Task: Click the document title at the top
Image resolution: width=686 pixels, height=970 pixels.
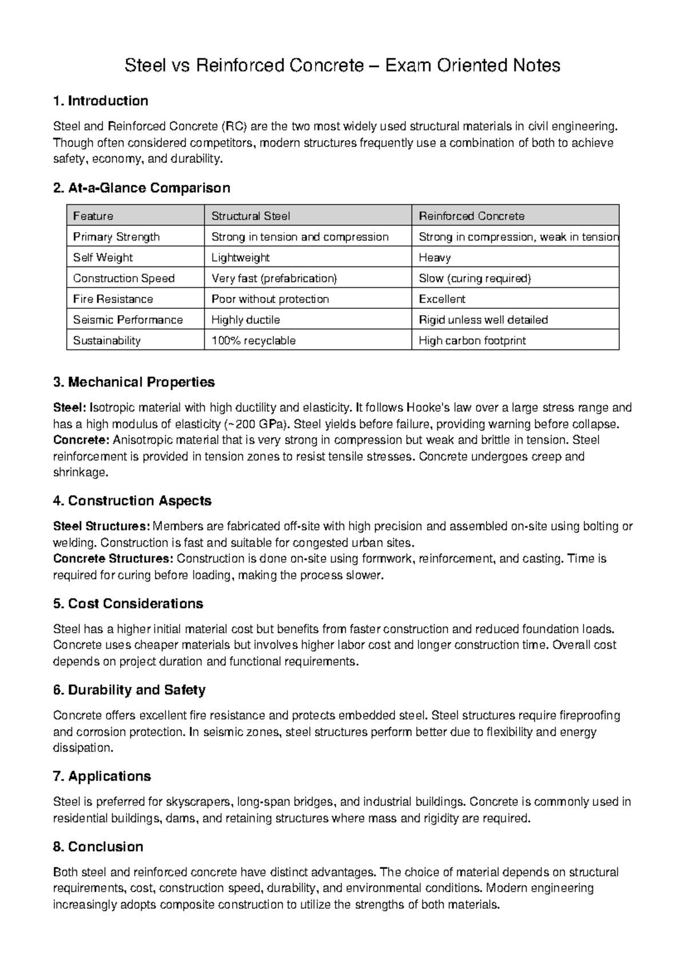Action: click(x=342, y=66)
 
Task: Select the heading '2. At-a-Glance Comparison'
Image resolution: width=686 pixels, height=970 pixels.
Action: click(x=141, y=188)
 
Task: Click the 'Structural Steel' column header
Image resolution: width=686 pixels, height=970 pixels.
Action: click(x=250, y=216)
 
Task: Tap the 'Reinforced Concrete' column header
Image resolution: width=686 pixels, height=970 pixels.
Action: click(x=471, y=216)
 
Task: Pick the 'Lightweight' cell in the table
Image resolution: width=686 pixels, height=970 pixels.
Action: click(x=240, y=258)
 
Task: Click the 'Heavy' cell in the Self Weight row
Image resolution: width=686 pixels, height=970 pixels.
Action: click(x=434, y=258)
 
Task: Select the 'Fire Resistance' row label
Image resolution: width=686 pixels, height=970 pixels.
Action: click(x=113, y=299)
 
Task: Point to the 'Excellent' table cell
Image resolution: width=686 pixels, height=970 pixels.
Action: click(x=442, y=299)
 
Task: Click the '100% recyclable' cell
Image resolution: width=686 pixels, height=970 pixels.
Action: click(x=253, y=341)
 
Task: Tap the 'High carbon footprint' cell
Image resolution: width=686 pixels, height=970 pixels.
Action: click(x=472, y=341)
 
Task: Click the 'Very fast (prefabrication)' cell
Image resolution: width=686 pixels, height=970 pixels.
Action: click(x=274, y=279)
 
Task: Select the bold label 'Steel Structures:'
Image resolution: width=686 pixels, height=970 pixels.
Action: click(x=102, y=526)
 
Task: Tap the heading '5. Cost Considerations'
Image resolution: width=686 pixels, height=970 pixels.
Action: click(x=128, y=604)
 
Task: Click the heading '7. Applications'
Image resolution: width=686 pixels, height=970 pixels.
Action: click(x=102, y=777)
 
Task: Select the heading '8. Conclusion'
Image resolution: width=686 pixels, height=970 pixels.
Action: click(x=98, y=847)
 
